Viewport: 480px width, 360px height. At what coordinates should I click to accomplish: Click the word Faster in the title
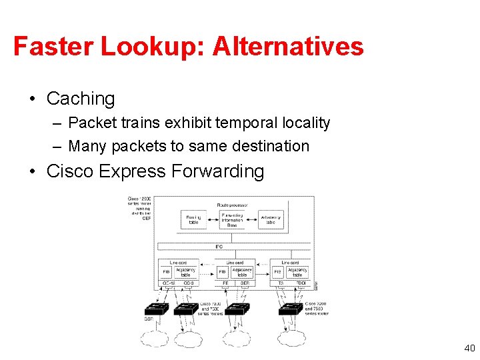click(x=53, y=46)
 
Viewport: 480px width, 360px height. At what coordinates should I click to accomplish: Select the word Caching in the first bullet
click(x=81, y=99)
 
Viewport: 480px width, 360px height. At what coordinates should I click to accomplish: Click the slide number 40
click(x=469, y=347)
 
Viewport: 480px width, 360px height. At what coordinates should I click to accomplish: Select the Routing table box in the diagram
click(x=193, y=219)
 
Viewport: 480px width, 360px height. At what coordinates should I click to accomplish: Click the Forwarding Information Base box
click(x=231, y=219)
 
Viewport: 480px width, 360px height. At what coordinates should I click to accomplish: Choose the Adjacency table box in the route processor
click(x=270, y=219)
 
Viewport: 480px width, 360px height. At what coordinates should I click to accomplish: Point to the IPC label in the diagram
click(x=219, y=247)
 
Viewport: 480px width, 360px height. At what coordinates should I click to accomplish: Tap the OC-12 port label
click(x=168, y=283)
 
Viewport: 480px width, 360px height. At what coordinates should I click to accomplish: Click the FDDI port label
click(x=301, y=283)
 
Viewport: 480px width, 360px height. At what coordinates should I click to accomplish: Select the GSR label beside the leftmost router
click(x=149, y=319)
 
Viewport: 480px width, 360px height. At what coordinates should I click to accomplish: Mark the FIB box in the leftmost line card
click(x=167, y=272)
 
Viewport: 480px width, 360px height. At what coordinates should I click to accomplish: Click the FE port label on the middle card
click(x=225, y=283)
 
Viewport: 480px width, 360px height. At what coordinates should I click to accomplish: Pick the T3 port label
click(x=280, y=283)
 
